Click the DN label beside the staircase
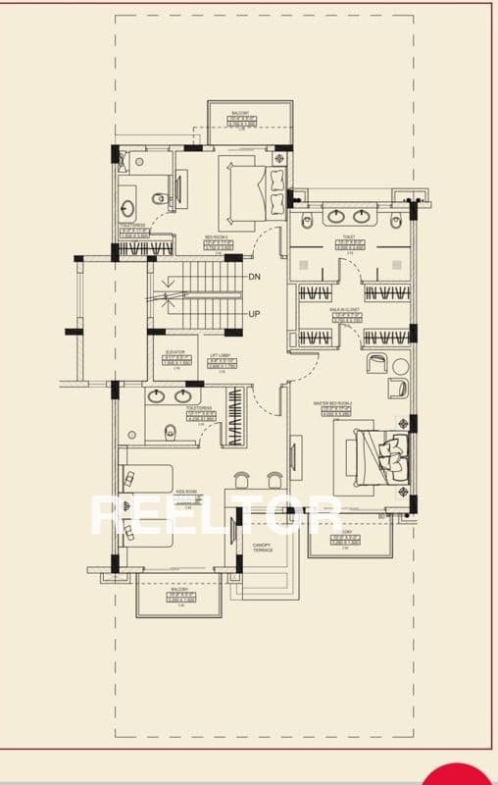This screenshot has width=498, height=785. point(255,278)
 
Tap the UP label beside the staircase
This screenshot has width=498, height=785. point(255,314)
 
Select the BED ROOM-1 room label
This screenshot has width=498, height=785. point(217,237)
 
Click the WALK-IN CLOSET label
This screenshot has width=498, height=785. point(345,309)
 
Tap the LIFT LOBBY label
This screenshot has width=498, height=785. point(220,356)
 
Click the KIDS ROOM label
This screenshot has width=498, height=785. point(187,494)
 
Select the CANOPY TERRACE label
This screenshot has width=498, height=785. point(260,549)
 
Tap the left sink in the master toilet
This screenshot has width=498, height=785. point(336,216)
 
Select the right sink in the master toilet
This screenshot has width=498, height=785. point(363,216)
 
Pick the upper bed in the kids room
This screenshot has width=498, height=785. point(145,480)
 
